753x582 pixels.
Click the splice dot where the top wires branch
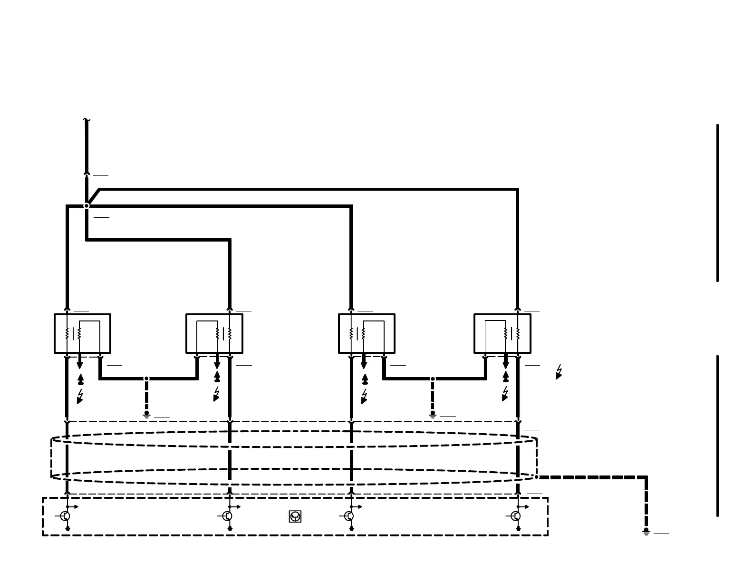(87, 206)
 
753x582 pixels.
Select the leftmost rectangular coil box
(82, 333)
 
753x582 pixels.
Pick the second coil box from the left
(214, 333)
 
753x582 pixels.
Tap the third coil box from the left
(367, 333)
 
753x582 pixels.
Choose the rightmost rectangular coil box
(502, 333)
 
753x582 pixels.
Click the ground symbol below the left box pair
(146, 415)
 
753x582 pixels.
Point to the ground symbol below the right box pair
(433, 415)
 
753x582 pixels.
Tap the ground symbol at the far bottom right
(646, 532)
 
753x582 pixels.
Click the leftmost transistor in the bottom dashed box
(66, 516)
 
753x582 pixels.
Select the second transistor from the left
(228, 516)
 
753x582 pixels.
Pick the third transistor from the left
(349, 516)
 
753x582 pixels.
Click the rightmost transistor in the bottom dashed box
(516, 516)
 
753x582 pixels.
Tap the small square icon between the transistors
(295, 516)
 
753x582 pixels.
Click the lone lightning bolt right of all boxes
(559, 372)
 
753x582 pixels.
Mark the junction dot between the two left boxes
(146, 378)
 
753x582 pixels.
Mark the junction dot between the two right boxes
(433, 379)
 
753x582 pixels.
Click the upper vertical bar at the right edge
(717, 203)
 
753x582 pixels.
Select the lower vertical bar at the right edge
(717, 436)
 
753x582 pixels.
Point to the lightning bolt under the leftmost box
(80, 397)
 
